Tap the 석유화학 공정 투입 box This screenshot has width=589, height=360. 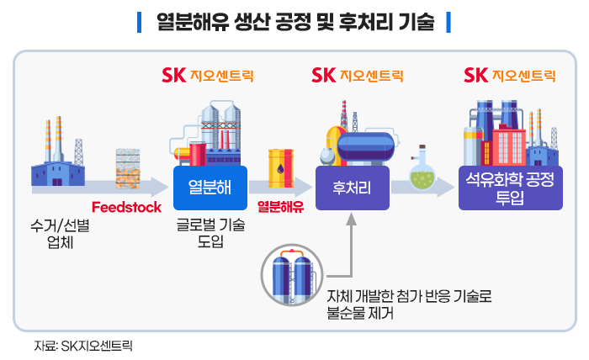pyautogui.click(x=511, y=187)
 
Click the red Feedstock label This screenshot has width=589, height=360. pyautogui.click(x=126, y=207)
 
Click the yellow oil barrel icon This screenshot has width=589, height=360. pyautogui.click(x=279, y=167)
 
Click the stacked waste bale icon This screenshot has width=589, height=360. pyautogui.click(x=130, y=165)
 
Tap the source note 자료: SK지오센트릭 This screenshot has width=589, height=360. pyautogui.click(x=83, y=345)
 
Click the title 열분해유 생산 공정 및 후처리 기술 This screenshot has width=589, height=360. pyautogui.click(x=294, y=22)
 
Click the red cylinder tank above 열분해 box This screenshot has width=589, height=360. pyautogui.click(x=198, y=155)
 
